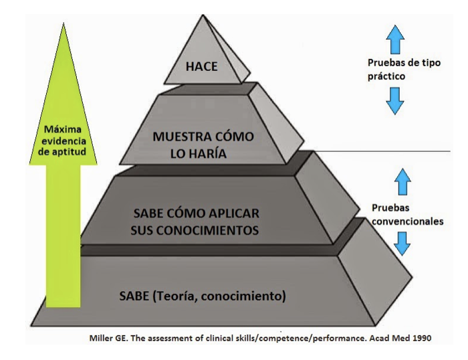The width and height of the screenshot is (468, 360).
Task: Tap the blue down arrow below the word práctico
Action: pyautogui.click(x=395, y=102)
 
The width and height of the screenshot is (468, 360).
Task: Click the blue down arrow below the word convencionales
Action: pyautogui.click(x=402, y=242)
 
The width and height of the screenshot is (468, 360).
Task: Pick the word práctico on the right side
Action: pyautogui.click(x=387, y=77)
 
